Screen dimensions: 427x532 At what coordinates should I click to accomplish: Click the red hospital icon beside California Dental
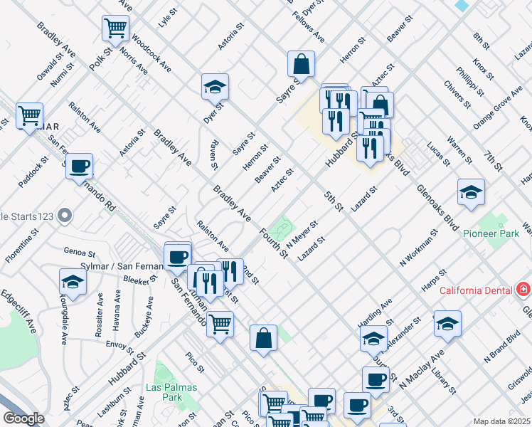523,290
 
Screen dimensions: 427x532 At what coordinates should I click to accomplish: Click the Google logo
23,418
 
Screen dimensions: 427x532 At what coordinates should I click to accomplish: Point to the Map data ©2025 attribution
501,421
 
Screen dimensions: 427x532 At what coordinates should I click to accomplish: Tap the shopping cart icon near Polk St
115,28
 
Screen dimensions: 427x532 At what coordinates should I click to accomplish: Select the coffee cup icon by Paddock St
80,166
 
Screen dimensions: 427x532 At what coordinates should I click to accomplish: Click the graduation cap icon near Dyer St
214,86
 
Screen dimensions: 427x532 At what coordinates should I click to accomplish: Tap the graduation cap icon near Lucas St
470,191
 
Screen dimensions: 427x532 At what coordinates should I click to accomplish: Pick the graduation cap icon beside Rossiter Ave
73,282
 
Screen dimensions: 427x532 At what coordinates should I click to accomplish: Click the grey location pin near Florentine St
65,214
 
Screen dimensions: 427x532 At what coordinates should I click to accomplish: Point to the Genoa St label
80,252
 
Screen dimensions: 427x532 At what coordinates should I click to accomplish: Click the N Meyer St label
302,233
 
